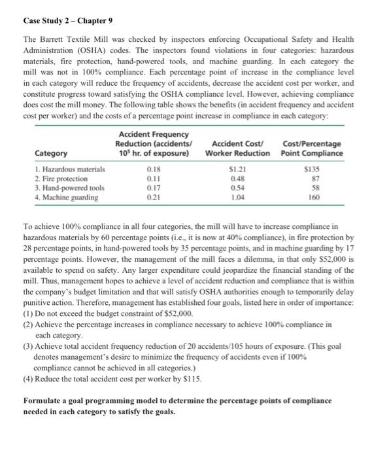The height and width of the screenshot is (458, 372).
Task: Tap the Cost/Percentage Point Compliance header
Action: [313, 149]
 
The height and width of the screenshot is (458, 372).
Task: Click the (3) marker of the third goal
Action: [28, 341]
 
